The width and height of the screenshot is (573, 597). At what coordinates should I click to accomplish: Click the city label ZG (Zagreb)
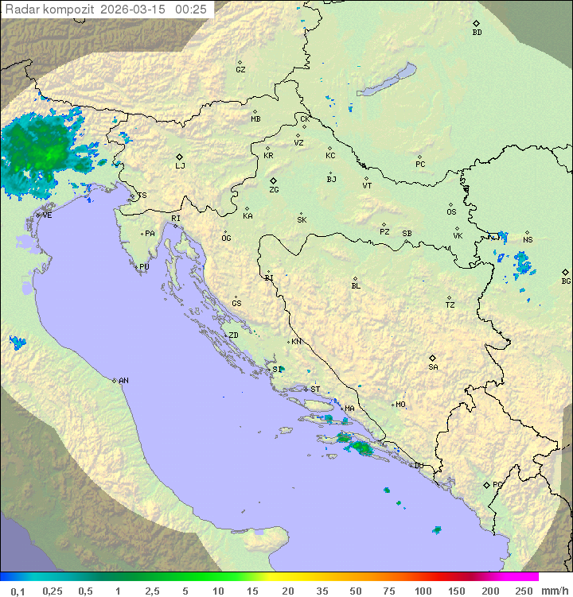(274, 190)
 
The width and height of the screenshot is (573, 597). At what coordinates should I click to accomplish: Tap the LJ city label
(180, 166)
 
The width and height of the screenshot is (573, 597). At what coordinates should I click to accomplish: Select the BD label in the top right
(477, 33)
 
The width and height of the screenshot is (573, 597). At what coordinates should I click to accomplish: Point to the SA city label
(433, 367)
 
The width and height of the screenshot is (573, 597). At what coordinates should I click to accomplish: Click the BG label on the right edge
(566, 281)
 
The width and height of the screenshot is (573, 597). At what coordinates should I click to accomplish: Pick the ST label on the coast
(315, 390)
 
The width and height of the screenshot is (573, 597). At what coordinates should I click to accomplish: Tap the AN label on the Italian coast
(123, 381)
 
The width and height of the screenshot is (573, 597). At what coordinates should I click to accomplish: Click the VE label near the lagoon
(47, 215)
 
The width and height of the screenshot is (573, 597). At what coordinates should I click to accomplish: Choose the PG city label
(497, 484)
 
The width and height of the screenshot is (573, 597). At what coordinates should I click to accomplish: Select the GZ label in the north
(240, 70)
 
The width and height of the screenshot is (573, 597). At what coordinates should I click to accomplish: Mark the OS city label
(451, 212)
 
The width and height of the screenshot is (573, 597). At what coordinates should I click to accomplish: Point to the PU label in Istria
(144, 267)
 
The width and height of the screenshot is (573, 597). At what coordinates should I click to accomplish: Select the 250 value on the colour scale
(523, 591)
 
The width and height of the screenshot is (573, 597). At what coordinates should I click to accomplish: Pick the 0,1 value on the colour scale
(18, 591)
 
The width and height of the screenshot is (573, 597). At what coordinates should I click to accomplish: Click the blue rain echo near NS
(522, 262)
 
